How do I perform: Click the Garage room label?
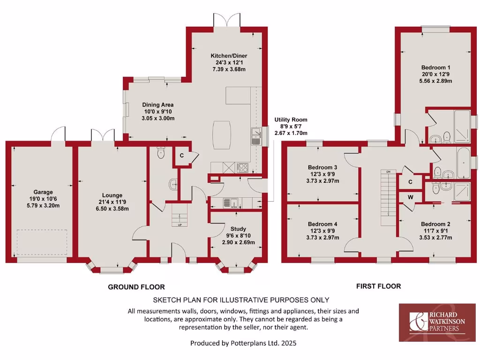[x=43, y=192]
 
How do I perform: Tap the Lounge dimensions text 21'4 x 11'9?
[x=112, y=202]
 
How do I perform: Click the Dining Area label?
[x=158, y=105]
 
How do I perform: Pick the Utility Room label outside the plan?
[x=291, y=120]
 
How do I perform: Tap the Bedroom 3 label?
[x=322, y=167]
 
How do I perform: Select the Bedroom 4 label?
[x=322, y=224]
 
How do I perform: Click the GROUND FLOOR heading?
[x=136, y=287]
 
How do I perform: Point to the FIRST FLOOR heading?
[x=378, y=286]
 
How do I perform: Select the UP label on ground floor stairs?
[x=180, y=225]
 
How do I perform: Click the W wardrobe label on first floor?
[x=410, y=197]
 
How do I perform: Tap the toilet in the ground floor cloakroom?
[x=161, y=152]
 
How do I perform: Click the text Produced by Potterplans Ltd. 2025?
[x=243, y=343]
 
